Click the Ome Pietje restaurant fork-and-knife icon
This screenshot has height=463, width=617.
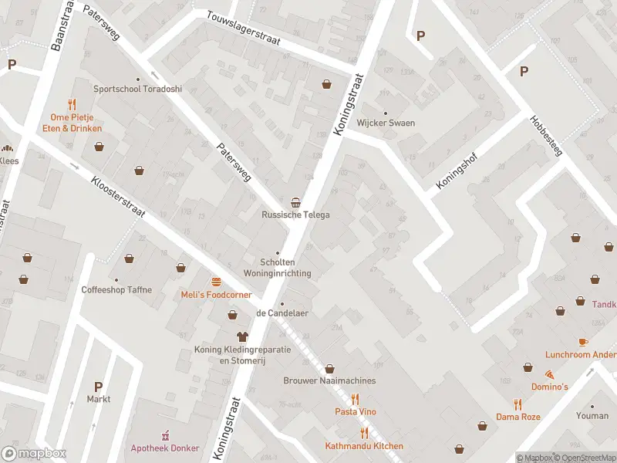pyautogui.click(x=72, y=103)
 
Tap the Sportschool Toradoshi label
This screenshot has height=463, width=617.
pyautogui.click(x=138, y=89)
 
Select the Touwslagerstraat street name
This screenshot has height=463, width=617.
pyautogui.click(x=243, y=28)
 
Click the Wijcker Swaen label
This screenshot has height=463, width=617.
pyautogui.click(x=386, y=123)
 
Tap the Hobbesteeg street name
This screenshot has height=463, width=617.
pyautogui.click(x=546, y=136)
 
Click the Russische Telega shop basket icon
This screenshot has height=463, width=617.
pyautogui.click(x=295, y=201)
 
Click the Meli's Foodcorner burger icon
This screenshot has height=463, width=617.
pyautogui.click(x=217, y=281)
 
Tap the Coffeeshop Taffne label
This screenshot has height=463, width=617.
pyautogui.click(x=116, y=290)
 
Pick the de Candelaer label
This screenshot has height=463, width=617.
pyautogui.click(x=282, y=313)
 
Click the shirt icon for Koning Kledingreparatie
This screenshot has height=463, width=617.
pyautogui.click(x=242, y=336)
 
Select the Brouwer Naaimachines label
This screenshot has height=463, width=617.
pyautogui.click(x=329, y=380)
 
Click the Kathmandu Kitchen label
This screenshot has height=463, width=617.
pyautogui.click(x=364, y=446)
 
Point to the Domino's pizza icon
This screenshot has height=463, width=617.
pyautogui.click(x=548, y=373)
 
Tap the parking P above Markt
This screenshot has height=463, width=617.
pyautogui.click(x=98, y=386)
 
